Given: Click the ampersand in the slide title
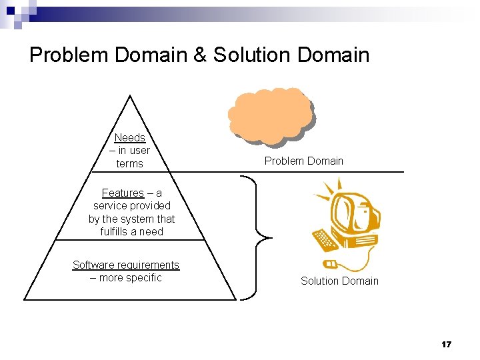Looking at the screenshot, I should pyautogui.click(x=200, y=55).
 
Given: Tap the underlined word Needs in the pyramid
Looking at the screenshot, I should pyautogui.click(x=129, y=138).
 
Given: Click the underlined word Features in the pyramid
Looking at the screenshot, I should pyautogui.click(x=123, y=193).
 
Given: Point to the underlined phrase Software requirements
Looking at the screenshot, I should pyautogui.click(x=126, y=265).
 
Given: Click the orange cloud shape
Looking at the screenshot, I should pyautogui.click(x=269, y=115).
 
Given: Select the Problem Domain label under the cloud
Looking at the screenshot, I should pyautogui.click(x=303, y=161).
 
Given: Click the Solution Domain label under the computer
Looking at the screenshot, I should pyautogui.click(x=339, y=281).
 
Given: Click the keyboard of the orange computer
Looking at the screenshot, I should pyautogui.click(x=326, y=239).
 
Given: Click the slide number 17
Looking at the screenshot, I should pyautogui.click(x=446, y=344).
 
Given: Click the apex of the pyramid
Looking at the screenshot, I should pyautogui.click(x=130, y=97).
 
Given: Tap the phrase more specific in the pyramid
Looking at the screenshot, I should pyautogui.click(x=130, y=278).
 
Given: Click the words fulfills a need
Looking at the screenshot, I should pyautogui.click(x=132, y=231).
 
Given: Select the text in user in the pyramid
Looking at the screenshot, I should pyautogui.click(x=135, y=151).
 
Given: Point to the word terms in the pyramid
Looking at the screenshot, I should pyautogui.click(x=129, y=163).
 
